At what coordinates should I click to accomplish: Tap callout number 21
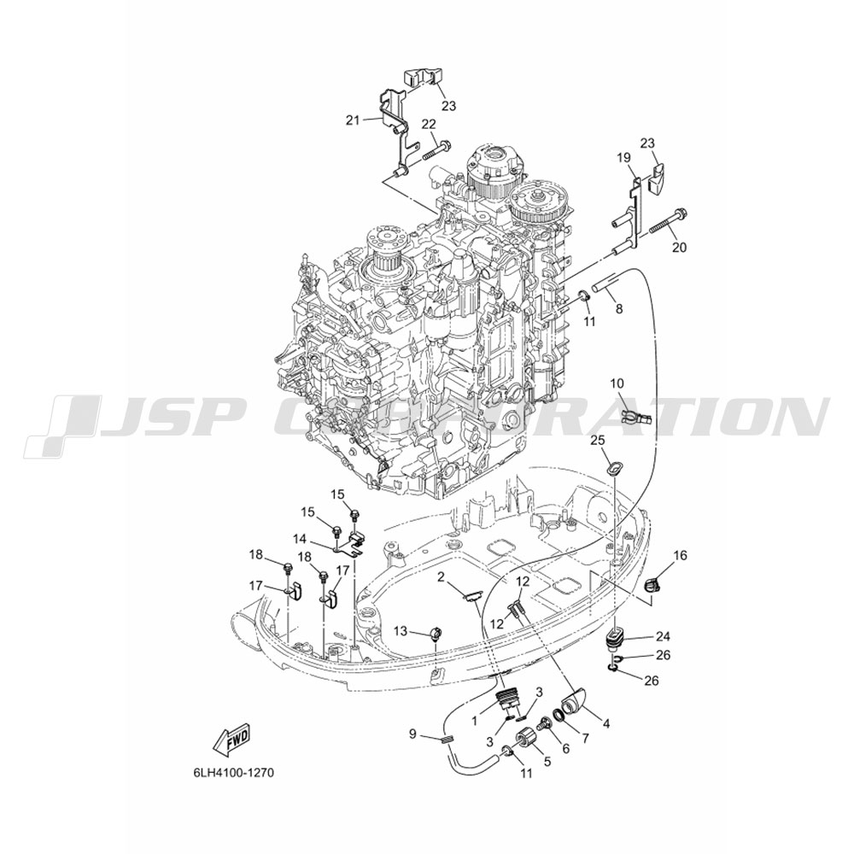[353, 120]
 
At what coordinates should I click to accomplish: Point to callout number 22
[430, 124]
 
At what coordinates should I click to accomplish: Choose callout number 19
[623, 158]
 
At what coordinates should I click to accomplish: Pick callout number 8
[618, 309]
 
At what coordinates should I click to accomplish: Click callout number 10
[617, 383]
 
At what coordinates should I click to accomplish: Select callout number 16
[680, 556]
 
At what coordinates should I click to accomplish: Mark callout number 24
[663, 636]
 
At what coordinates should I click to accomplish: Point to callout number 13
[400, 631]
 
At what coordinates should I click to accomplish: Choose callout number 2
[441, 577]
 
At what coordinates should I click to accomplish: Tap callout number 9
[412, 734]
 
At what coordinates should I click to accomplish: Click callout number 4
[605, 724]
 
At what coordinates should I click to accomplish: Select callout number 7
[585, 739]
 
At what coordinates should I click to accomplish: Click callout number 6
[565, 749]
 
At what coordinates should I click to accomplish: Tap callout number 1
[474, 721]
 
